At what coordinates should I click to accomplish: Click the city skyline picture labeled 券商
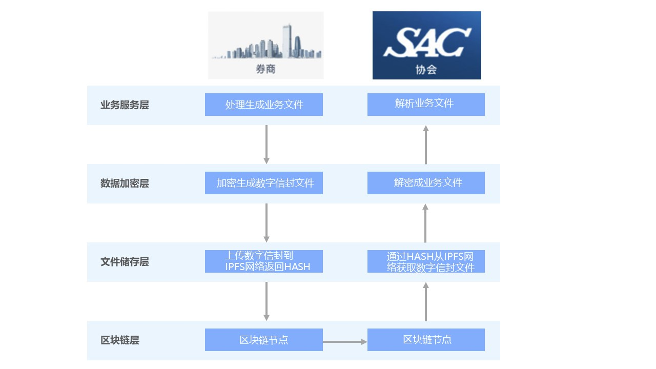point(265,45)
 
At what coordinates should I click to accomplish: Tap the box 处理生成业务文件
point(264,105)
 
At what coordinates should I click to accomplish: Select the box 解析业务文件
point(426,104)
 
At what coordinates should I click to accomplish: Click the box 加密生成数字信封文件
point(264,183)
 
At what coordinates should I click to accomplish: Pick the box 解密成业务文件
point(426,183)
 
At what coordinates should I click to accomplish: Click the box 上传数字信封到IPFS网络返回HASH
point(264,261)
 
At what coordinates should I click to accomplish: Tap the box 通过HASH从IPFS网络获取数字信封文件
point(426,261)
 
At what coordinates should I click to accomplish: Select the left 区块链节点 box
point(264,340)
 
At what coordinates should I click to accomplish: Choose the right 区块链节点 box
point(426,340)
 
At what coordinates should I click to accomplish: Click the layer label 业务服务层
point(125,105)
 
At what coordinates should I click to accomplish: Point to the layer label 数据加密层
point(125,183)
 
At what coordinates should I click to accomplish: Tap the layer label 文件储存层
point(125,262)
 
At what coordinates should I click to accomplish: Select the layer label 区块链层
point(120,340)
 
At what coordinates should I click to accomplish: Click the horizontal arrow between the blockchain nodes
point(345,342)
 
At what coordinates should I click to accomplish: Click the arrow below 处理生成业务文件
point(266,144)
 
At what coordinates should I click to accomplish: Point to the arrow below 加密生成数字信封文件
point(266,222)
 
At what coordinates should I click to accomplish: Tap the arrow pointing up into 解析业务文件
point(426,145)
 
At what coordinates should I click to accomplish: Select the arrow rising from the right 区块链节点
point(426,302)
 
